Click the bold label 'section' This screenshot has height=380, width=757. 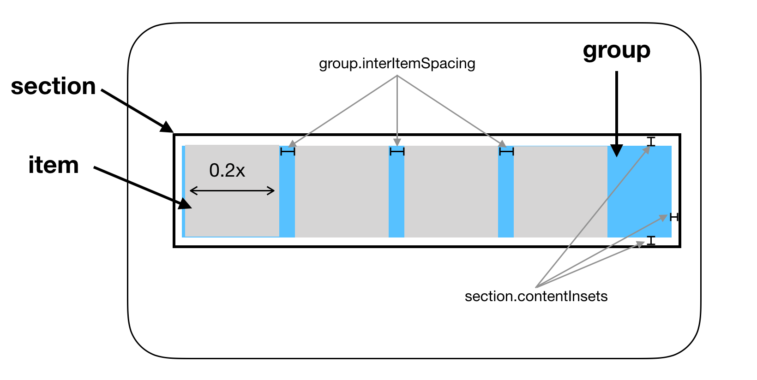coord(54,87)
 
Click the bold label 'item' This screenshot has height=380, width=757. coord(54,165)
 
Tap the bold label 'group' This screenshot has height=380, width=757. coord(616,51)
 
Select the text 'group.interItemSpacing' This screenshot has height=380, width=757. coord(397,64)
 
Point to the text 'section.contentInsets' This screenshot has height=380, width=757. coord(536,296)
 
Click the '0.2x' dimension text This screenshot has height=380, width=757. coord(227,171)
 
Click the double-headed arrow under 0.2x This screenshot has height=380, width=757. coord(232,191)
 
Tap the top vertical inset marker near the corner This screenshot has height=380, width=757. coord(651,142)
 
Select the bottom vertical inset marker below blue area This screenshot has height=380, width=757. coord(651,240)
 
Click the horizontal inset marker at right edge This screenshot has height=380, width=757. coord(674,217)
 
